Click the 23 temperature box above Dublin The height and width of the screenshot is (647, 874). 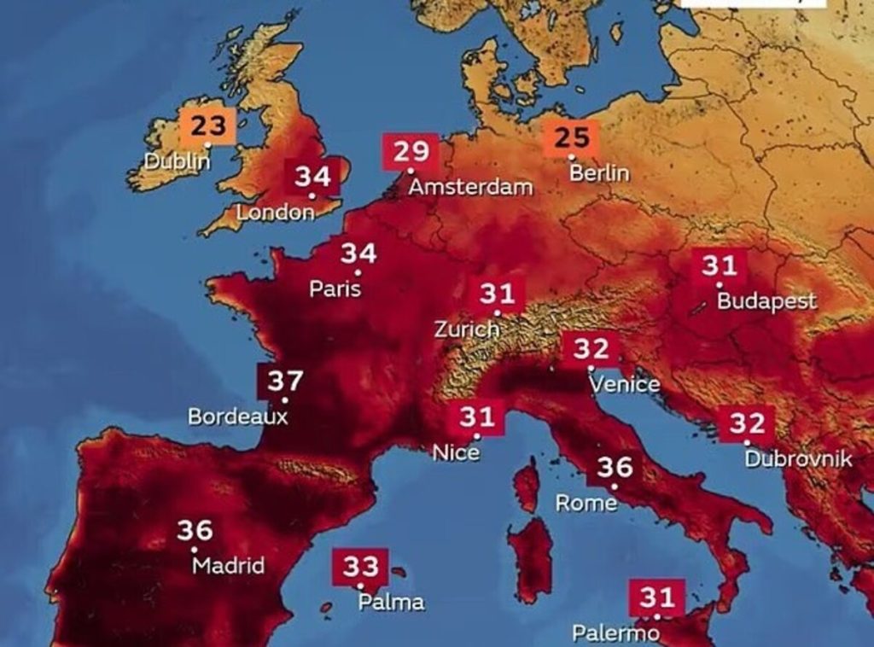pyautogui.click(x=207, y=126)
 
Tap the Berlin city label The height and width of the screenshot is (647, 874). pyautogui.click(x=599, y=173)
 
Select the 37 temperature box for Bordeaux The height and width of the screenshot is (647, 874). pyautogui.click(x=284, y=381)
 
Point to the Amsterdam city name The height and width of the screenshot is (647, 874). pyautogui.click(x=470, y=187)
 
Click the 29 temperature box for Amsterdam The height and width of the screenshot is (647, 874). pyautogui.click(x=411, y=152)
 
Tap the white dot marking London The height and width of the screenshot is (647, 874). pyautogui.click(x=312, y=196)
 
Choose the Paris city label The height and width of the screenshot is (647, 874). pyautogui.click(x=335, y=289)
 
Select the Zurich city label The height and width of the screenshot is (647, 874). pyautogui.click(x=466, y=329)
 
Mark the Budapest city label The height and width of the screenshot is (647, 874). pyautogui.click(x=766, y=301)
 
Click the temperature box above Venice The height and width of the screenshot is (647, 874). pyautogui.click(x=591, y=348)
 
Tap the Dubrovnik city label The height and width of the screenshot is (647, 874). pyautogui.click(x=798, y=459)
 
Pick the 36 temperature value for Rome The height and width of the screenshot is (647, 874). pyautogui.click(x=615, y=467)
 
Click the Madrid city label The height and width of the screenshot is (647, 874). pyautogui.click(x=228, y=566)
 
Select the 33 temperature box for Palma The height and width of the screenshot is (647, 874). pyautogui.click(x=360, y=566)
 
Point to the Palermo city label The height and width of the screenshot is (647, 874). pyautogui.click(x=615, y=633)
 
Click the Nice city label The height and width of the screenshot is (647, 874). pyautogui.click(x=456, y=453)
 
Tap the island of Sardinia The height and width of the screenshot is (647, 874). pyautogui.click(x=530, y=559)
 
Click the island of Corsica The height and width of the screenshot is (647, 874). pyautogui.click(x=527, y=486)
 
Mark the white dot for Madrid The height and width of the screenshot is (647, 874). pyautogui.click(x=195, y=550)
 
